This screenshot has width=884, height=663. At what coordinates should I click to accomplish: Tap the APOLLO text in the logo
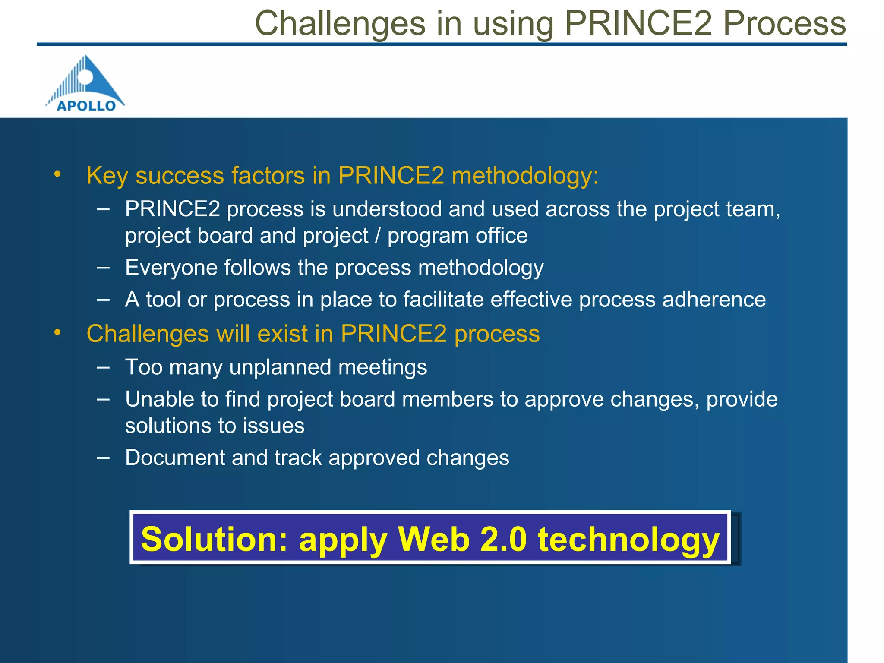(x=86, y=106)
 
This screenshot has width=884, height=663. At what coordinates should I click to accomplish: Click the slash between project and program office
(x=378, y=236)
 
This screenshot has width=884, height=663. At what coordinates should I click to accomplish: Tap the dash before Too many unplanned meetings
(x=103, y=367)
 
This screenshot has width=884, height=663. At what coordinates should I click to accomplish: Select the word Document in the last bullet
(x=175, y=458)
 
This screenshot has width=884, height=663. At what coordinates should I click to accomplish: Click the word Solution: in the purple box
(x=214, y=539)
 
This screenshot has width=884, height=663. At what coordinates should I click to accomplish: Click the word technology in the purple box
(x=628, y=539)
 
